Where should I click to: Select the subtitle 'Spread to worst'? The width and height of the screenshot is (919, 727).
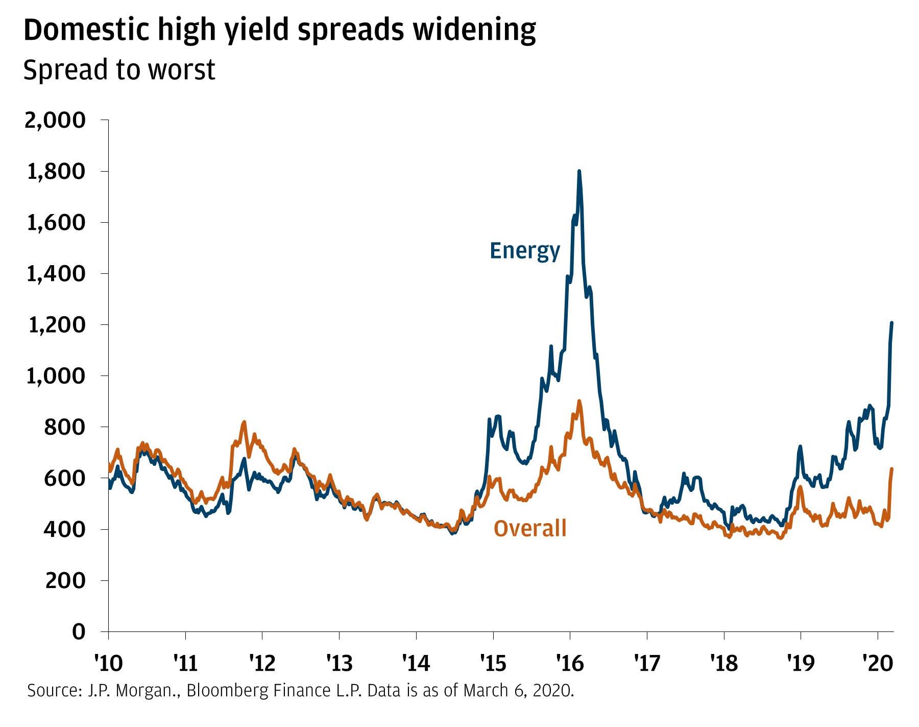point(119,70)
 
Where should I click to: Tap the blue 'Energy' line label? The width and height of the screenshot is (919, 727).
point(525,251)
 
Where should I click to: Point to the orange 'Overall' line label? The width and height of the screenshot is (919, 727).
point(530,528)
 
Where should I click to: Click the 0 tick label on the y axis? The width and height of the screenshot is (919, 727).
point(78,632)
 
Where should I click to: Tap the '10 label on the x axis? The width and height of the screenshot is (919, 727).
point(108,663)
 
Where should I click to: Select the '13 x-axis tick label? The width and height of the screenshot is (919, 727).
point(339,663)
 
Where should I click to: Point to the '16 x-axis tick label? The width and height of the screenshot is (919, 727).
point(570,663)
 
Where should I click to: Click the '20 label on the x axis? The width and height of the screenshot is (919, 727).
point(878,663)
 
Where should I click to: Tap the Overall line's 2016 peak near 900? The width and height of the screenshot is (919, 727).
point(579,401)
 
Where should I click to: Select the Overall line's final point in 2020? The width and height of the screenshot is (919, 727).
point(891,468)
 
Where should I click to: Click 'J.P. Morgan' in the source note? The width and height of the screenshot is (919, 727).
point(133,691)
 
